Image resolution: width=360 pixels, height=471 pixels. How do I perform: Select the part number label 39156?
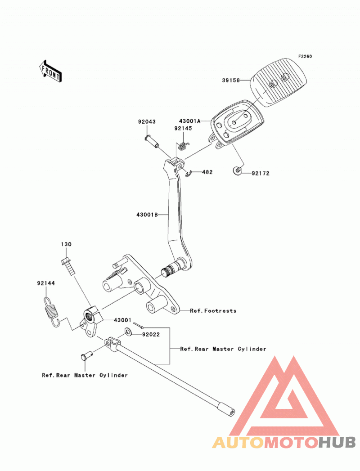pos(231,80)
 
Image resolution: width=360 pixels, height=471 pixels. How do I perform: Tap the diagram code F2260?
pos(305,57)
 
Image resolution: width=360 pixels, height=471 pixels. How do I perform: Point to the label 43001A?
pos(189,121)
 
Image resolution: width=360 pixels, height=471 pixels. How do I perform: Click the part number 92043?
pos(147,121)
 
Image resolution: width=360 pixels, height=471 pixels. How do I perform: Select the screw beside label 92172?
pos(238,171)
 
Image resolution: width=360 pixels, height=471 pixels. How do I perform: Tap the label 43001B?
pos(147,215)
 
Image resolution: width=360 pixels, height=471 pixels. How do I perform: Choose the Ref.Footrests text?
pos(213,310)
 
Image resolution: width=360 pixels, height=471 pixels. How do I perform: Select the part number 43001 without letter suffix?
pos(122,320)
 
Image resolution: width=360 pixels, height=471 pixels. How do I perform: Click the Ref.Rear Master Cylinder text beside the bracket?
pos(223,349)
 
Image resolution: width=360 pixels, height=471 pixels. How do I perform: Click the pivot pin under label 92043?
pos(152,142)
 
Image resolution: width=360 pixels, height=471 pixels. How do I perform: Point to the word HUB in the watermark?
pos(337,442)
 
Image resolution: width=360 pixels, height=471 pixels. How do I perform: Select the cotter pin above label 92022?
pos(138,325)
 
